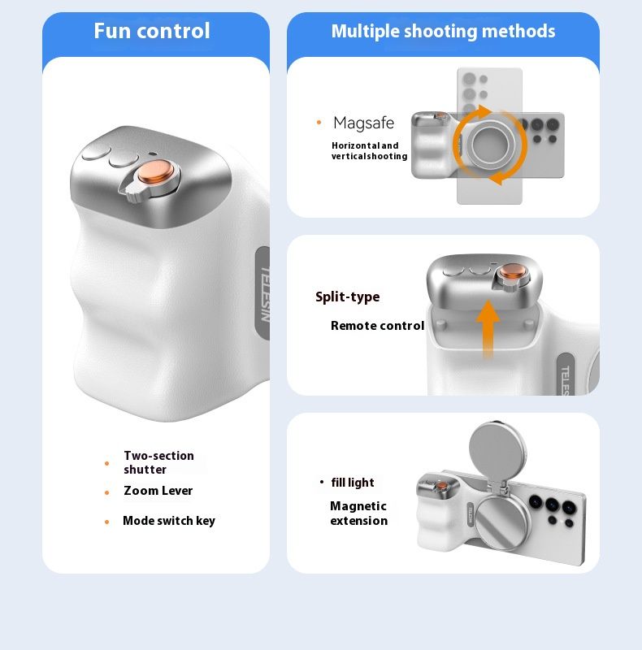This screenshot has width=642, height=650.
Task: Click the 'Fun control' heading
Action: click(152, 31)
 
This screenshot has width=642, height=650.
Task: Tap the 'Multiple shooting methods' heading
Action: click(443, 32)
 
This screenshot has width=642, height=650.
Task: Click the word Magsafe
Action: click(364, 123)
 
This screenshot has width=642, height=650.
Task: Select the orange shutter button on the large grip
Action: click(155, 171)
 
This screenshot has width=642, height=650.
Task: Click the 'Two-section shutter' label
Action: click(158, 462)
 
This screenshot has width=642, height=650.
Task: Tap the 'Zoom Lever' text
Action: click(158, 491)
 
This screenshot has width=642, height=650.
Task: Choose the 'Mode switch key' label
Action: click(169, 521)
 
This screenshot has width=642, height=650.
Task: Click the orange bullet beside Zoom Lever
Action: click(107, 492)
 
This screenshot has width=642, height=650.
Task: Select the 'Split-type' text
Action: click(348, 297)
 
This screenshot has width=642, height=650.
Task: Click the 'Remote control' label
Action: click(377, 326)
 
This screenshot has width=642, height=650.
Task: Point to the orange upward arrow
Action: click(488, 329)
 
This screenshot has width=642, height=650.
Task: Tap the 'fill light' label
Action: click(353, 483)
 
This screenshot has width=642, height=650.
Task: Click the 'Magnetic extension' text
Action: click(359, 513)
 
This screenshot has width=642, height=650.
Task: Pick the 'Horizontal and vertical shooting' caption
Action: click(369, 151)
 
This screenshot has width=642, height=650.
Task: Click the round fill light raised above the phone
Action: click(497, 450)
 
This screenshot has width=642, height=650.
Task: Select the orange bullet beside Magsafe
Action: click(319, 123)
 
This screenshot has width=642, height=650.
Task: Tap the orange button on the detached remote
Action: click(513, 272)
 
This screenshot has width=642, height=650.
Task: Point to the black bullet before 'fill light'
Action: click(322, 482)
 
